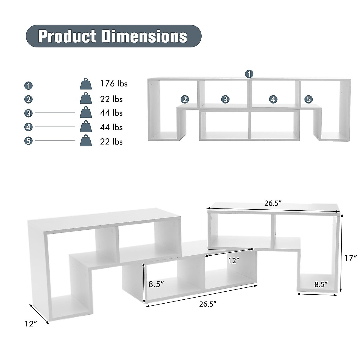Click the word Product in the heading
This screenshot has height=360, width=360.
pos(67,36)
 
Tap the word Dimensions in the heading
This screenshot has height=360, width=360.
pos(144,36)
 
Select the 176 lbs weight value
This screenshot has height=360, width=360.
pos(114,83)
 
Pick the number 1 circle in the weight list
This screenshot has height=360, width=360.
pos(28,85)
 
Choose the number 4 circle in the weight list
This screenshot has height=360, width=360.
pos(28,127)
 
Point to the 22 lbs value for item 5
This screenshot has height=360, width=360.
pos(111,141)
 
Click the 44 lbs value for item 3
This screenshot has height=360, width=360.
pos(111,113)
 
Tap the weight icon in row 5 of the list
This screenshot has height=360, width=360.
pos(85,140)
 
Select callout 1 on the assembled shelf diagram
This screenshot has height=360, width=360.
pos(249,74)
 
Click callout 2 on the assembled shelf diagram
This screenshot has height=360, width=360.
pos(185,99)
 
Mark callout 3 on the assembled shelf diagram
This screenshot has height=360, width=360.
pos(225,99)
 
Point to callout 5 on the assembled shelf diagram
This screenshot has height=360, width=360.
pos(308,99)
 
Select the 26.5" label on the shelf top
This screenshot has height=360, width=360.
pos(273,203)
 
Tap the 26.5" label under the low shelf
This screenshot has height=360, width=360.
pos(208,304)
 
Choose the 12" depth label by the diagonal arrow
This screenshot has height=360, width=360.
pos(31,323)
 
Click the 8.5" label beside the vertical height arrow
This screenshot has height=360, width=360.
pos(156,284)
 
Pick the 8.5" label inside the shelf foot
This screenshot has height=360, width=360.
pos(321,284)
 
